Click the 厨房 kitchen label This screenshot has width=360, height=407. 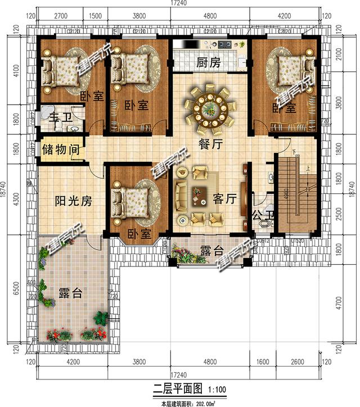pyautogui.click(x=208, y=63)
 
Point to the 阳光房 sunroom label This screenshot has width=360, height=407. pyautogui.click(x=73, y=201)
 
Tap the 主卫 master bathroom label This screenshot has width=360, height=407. pyautogui.click(x=58, y=118)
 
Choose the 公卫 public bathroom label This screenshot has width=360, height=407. pyautogui.click(x=260, y=214)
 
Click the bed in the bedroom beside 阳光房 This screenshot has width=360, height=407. pyautogui.click(x=134, y=199)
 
